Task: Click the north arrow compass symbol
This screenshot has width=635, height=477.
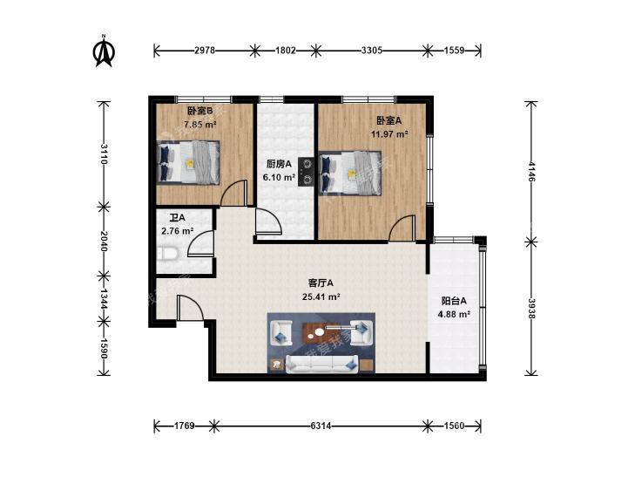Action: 104,51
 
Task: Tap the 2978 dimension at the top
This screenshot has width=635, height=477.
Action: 205,51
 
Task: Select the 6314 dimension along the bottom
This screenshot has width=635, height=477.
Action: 321,426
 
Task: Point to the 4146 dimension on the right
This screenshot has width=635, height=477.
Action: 531,172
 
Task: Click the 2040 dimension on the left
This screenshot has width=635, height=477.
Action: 104,242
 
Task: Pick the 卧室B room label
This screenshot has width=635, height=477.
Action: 200,111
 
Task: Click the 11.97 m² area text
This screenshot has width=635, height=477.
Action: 389,134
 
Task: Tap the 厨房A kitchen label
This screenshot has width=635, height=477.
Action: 279,164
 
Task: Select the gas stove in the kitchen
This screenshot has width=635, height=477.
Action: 306,172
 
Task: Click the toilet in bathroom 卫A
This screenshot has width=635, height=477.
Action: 167,254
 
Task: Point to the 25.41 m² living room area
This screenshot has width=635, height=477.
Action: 321,296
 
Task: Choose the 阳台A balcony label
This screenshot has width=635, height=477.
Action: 454,301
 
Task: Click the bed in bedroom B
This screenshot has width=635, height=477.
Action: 188,162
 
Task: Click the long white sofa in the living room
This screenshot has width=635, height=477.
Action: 322,364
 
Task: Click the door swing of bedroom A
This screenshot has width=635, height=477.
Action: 402,228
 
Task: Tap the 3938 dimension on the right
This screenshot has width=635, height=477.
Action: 531,309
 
